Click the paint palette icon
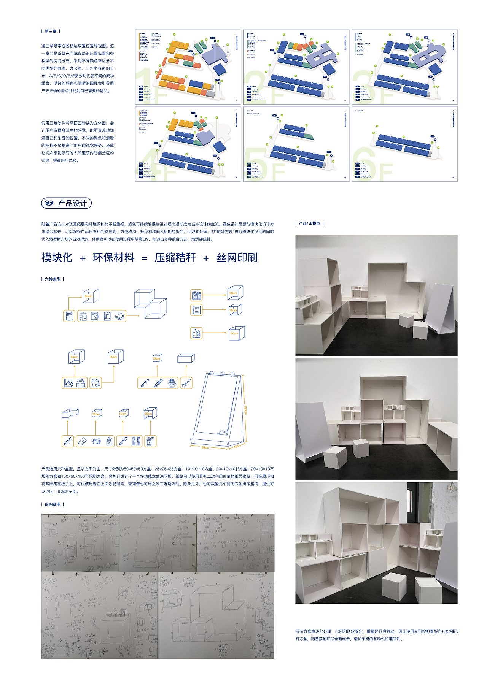coord(119,316)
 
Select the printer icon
coord(81,383)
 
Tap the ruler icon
coord(68,441)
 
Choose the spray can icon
coord(150,441)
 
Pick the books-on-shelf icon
coord(196,295)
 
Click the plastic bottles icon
coord(196,333)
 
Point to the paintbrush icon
coord(186,383)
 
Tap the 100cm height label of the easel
coord(245,410)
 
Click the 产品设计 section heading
coord(72,203)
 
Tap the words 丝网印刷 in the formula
coord(237,258)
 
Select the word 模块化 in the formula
coord(57,258)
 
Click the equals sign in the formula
coord(145,258)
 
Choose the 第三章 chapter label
coord(51,32)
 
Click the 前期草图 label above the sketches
coord(53,504)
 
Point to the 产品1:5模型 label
coord(309,224)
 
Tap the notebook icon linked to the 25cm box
coord(196,310)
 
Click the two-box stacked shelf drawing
coord(150,303)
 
